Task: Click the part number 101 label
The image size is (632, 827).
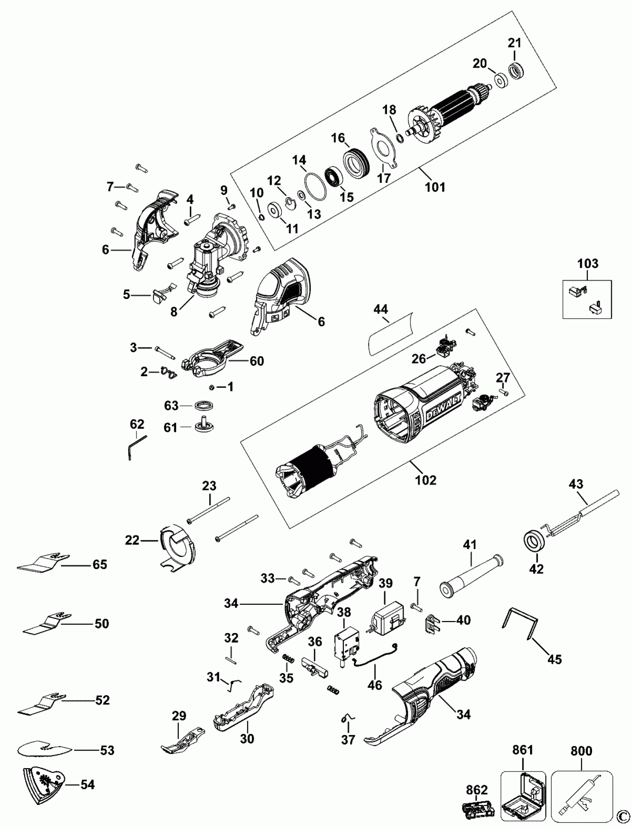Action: click(x=435, y=187)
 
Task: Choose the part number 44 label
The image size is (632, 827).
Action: click(x=381, y=309)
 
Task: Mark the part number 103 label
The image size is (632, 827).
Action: click(x=588, y=264)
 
